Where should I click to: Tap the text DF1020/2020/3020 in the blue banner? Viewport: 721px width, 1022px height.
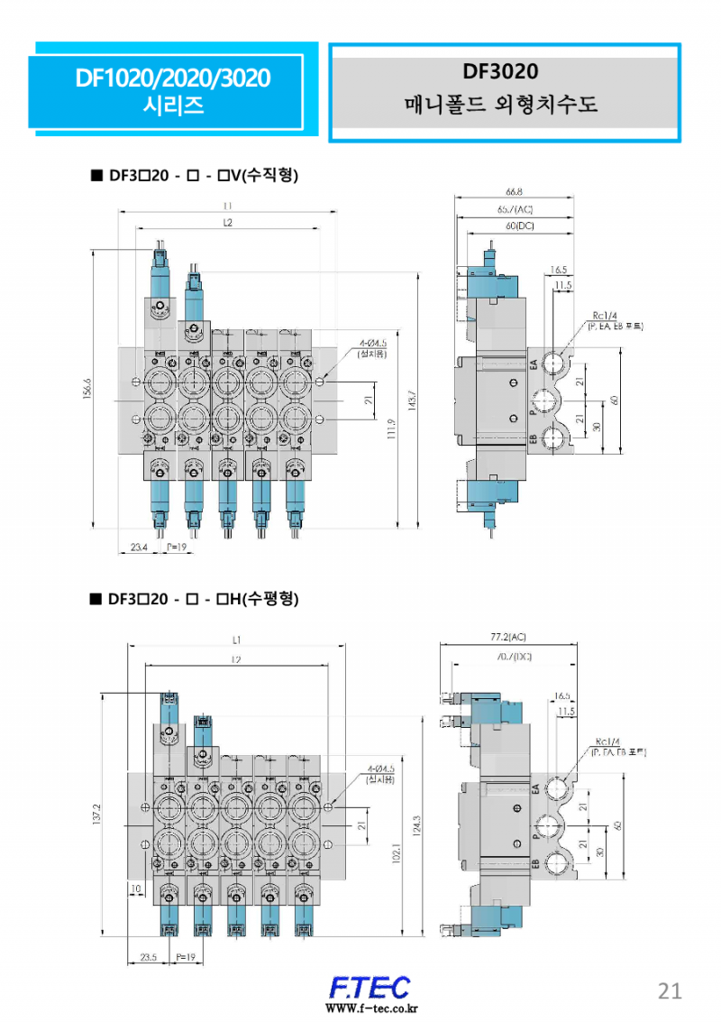[x=173, y=78]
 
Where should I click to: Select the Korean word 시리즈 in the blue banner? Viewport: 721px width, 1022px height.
[x=173, y=106]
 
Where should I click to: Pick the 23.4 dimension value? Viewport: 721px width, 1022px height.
[x=140, y=548]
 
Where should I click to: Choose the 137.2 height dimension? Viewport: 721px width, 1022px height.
[x=97, y=815]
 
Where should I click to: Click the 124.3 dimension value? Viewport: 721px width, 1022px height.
[x=416, y=825]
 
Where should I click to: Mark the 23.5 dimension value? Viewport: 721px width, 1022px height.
[x=149, y=956]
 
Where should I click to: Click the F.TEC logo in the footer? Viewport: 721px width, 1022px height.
[x=369, y=985]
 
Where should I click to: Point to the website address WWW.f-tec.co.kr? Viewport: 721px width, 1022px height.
[x=369, y=1008]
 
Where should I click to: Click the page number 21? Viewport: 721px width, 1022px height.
[x=670, y=991]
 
